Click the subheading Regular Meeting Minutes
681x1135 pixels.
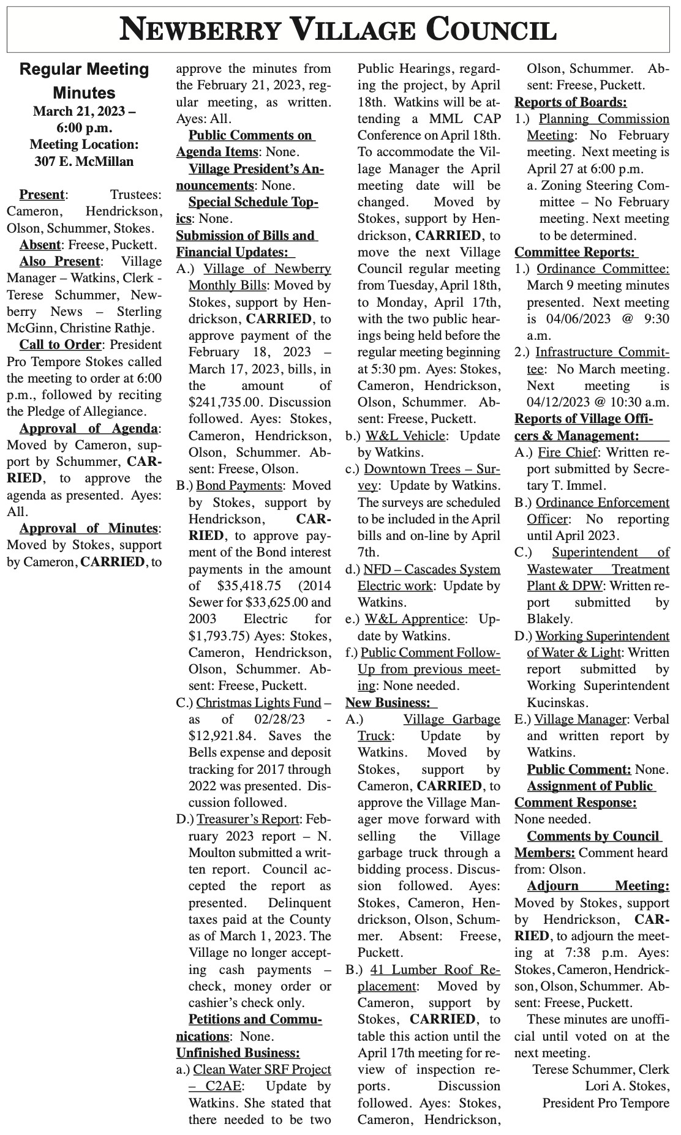point(85,81)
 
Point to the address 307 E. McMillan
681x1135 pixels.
point(85,162)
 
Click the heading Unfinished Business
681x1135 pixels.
point(238,1053)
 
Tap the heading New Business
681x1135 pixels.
point(387,702)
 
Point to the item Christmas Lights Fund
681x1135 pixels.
point(258,702)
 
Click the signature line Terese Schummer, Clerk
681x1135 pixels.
point(600,1069)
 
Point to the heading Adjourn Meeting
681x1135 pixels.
point(598,886)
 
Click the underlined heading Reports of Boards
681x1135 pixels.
point(570,102)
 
